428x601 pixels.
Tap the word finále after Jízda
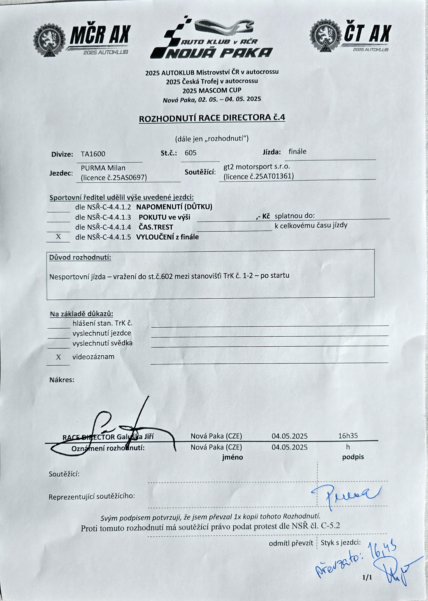click(297, 152)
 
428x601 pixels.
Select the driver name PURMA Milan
click(103, 168)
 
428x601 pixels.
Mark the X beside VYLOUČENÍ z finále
click(58, 237)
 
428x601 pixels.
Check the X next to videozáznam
click(58, 357)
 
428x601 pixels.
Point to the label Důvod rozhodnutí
click(80, 257)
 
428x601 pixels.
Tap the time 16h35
click(348, 436)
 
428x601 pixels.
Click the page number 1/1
click(367, 578)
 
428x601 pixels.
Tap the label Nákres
click(62, 380)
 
